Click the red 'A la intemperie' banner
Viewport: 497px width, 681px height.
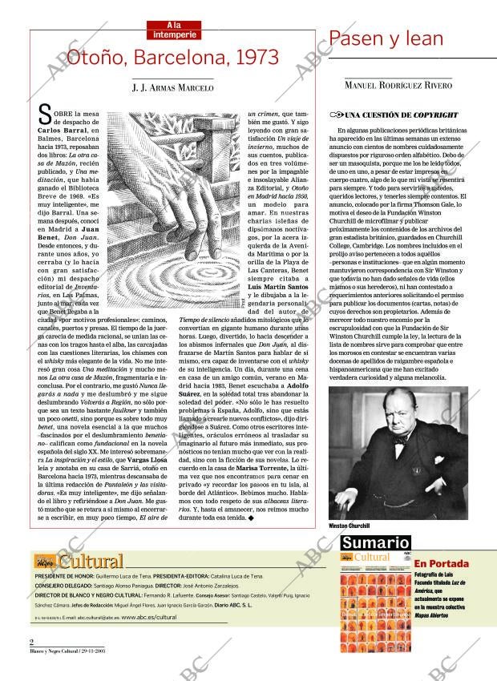point(173,30)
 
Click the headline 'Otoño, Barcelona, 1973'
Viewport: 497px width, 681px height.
point(173,58)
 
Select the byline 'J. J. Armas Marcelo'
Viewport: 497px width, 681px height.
point(173,88)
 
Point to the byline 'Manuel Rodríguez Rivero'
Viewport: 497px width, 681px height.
point(398,85)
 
